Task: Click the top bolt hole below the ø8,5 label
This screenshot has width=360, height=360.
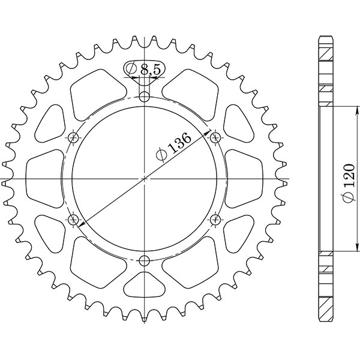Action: (144, 97)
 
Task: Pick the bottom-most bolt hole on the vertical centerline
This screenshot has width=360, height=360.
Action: (144, 260)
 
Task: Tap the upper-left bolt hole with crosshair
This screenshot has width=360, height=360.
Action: (74, 138)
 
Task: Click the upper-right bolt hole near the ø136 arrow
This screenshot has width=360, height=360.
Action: (215, 138)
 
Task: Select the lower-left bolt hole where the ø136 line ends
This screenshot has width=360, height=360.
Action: (74, 220)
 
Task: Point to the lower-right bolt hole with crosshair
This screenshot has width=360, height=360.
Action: (215, 220)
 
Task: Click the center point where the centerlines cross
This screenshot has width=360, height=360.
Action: (144, 179)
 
